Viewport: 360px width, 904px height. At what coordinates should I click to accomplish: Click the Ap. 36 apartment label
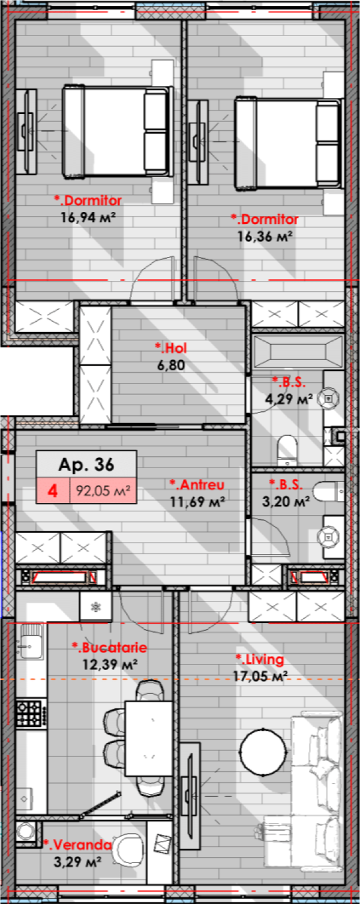click(86, 464)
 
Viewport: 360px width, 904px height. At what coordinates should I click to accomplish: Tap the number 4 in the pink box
click(53, 490)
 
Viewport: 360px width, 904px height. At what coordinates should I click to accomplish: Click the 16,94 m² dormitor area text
click(88, 217)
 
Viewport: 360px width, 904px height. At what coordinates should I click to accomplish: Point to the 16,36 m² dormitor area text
click(265, 236)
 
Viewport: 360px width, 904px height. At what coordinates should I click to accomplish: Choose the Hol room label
click(169, 347)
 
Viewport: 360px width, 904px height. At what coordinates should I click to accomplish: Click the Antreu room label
click(197, 484)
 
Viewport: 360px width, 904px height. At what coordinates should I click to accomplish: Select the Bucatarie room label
click(109, 648)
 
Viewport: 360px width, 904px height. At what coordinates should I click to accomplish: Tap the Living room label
click(260, 660)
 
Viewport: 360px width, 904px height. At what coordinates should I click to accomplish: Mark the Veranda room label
click(77, 845)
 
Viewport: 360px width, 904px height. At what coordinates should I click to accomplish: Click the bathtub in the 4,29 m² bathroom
click(298, 351)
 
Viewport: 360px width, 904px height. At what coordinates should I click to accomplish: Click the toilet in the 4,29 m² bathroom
click(287, 450)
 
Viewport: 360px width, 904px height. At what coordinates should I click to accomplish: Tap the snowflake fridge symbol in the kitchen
click(95, 606)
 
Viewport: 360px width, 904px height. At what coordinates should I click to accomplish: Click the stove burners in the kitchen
click(29, 713)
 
